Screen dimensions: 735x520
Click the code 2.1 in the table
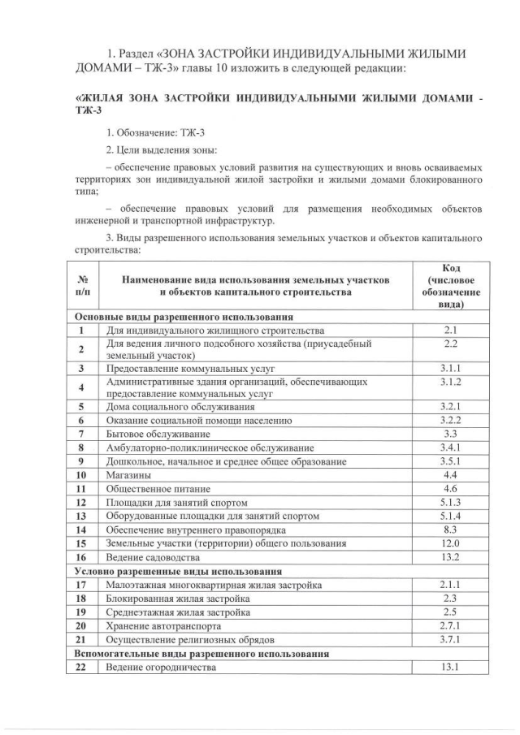[451, 331]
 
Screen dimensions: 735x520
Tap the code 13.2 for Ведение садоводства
[451, 557]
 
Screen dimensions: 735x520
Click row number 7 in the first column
[81, 434]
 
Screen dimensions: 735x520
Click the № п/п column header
[81, 285]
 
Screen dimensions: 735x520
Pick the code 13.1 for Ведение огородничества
[451, 668]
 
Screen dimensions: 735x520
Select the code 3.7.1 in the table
[451, 640]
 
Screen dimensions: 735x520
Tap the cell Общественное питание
[158, 489]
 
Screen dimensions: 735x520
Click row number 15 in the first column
[81, 543]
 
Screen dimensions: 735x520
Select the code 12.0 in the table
[451, 543]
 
